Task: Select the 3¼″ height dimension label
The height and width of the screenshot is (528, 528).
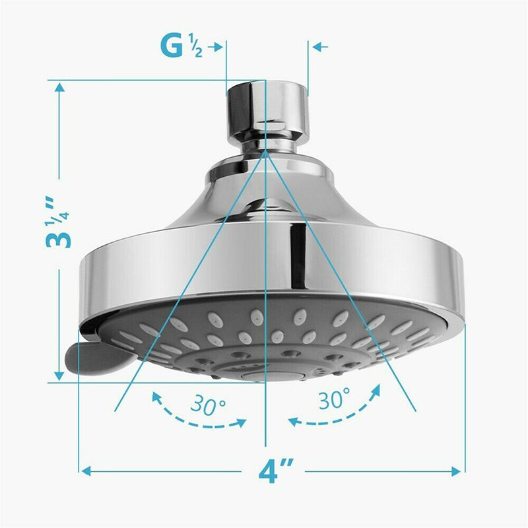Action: [x=59, y=221]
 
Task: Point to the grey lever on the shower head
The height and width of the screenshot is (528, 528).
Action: [x=92, y=356]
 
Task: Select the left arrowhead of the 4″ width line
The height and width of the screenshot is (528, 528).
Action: [x=85, y=471]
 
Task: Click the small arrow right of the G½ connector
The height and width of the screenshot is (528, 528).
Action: [x=317, y=47]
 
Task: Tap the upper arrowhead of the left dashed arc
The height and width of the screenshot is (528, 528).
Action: [x=156, y=395]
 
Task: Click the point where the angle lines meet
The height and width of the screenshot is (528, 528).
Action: [x=265, y=150]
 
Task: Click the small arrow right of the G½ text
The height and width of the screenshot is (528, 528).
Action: [x=218, y=47]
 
